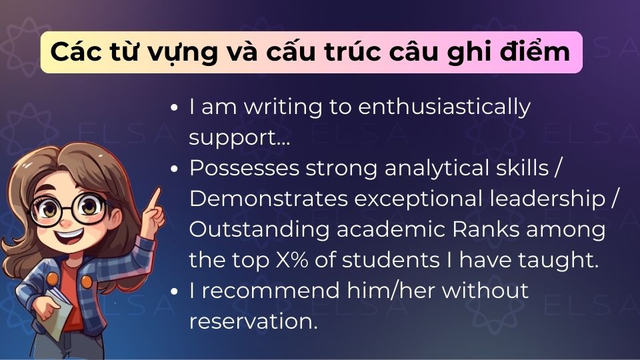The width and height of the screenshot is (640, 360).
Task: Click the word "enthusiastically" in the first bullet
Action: pos(445,107)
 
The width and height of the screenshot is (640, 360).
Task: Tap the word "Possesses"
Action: pos(243,169)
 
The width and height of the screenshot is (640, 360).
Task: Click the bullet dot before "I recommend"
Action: pos(175,291)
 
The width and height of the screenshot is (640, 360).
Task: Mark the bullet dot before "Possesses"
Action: pos(175,169)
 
